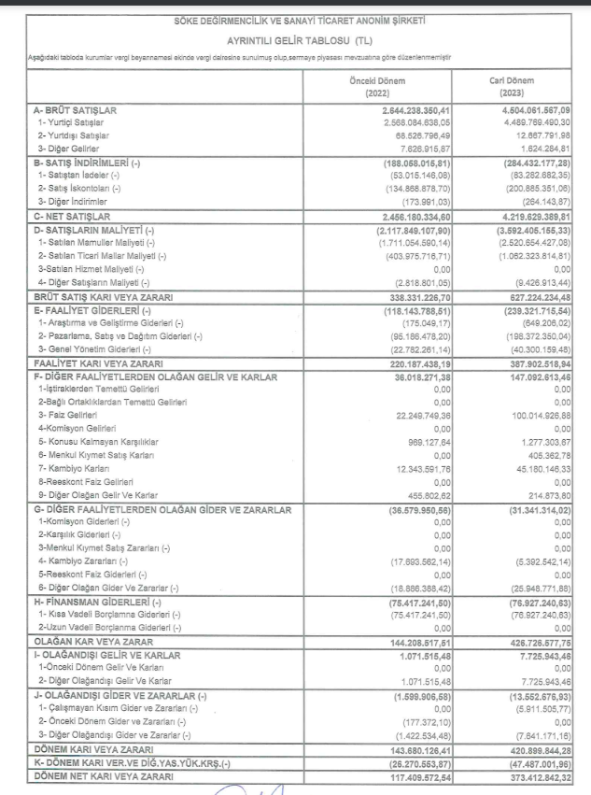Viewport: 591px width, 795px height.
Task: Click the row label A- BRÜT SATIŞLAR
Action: pos(68,110)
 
